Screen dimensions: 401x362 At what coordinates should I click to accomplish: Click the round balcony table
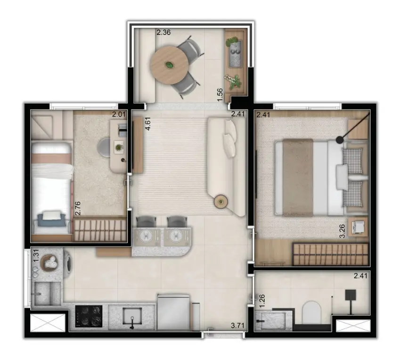(169, 65)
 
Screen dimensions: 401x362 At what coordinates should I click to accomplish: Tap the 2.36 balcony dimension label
(164, 33)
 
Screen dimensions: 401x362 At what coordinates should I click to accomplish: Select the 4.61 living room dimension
(148, 124)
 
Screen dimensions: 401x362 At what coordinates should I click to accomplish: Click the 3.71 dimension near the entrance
(237, 325)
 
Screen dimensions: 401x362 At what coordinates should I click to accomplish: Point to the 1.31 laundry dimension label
(36, 255)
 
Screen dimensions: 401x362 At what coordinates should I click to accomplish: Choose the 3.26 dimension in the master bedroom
(342, 231)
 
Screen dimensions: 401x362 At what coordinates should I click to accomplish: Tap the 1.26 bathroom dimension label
(262, 301)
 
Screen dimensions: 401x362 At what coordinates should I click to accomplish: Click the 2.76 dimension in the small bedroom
(78, 208)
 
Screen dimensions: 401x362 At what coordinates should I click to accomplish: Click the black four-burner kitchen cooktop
(89, 316)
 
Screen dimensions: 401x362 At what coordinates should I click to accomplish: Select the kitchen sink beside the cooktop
(132, 317)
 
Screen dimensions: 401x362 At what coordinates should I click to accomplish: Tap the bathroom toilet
(311, 312)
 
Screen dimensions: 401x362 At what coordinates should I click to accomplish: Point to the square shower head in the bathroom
(351, 295)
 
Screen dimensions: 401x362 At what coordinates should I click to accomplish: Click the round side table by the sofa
(221, 202)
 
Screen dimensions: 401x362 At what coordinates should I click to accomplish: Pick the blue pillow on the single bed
(50, 220)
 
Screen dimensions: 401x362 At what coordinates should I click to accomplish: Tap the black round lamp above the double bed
(340, 140)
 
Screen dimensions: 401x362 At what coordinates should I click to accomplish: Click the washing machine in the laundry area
(68, 263)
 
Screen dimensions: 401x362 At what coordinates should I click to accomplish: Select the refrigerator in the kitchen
(174, 312)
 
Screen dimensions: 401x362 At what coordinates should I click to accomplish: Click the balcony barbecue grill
(236, 54)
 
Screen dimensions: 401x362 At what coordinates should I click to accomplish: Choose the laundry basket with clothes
(50, 262)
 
